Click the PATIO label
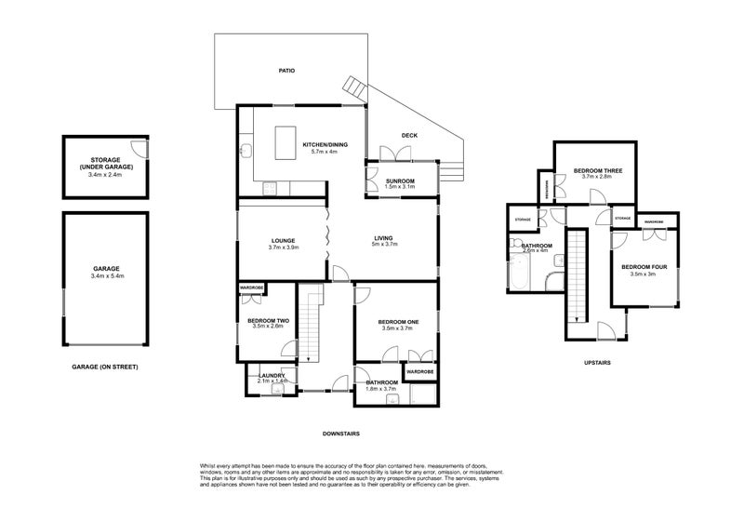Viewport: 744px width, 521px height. tap(287, 71)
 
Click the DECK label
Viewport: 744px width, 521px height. tap(409, 136)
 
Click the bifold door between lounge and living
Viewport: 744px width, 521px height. tap(326, 240)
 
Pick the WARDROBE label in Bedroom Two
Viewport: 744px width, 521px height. tap(253, 287)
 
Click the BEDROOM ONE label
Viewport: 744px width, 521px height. tap(398, 323)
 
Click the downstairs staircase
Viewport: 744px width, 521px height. tap(310, 326)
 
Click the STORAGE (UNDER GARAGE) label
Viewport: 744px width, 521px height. tap(106, 162)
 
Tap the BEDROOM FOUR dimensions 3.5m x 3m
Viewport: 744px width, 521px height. tap(644, 274)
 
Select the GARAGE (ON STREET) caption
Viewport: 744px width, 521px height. tap(104, 367)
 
